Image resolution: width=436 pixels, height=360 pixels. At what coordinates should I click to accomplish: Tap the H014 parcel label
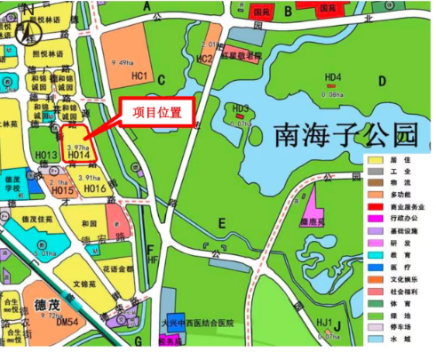78,156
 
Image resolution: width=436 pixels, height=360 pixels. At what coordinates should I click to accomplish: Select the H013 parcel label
46,156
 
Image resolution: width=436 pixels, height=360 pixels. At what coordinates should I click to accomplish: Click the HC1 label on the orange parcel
139,76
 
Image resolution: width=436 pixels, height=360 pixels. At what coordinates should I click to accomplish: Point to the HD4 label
333,77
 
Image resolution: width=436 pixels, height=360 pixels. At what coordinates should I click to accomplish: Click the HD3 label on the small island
240,108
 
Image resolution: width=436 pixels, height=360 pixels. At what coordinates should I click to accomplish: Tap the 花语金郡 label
116,268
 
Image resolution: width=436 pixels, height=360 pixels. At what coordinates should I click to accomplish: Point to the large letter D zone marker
382,81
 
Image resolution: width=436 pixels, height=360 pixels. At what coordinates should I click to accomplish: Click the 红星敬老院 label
244,55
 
